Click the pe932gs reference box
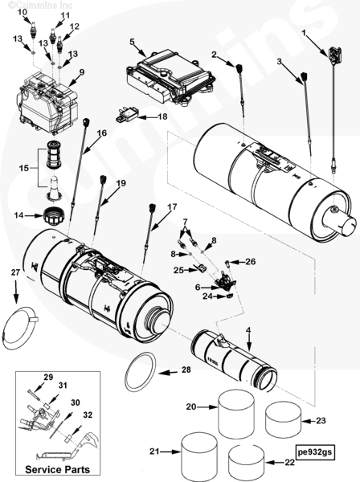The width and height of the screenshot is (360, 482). point(315,451)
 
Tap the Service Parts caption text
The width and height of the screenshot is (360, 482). point(58,469)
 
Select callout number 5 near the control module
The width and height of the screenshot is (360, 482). point(132,42)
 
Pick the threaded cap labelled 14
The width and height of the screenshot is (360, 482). point(54,216)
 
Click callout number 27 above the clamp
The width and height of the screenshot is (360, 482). point(15,272)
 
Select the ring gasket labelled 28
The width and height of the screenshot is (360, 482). point(141,372)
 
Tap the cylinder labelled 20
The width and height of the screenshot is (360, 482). point(236,413)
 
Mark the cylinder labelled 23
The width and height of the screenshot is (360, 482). point(284,420)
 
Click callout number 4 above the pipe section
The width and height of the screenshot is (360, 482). point(248,330)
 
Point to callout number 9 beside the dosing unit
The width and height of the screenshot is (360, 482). point(81,72)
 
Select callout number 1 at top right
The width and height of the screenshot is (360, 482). point(304,33)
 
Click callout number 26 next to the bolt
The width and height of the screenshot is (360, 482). point(251,261)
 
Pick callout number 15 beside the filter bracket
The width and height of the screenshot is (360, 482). point(23,168)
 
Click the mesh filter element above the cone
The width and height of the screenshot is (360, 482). point(54,154)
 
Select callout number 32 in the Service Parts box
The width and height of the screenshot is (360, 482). point(88,415)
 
